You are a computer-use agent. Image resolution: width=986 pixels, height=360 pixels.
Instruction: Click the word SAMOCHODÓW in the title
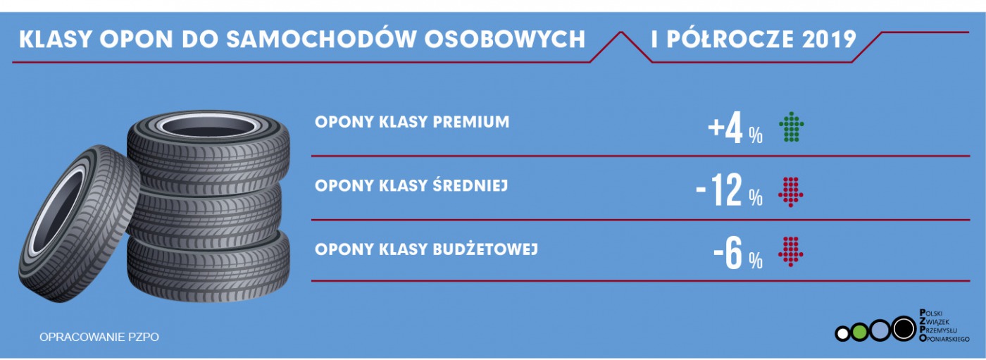(321, 39)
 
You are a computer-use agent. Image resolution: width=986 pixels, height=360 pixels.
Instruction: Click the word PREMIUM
(471, 122)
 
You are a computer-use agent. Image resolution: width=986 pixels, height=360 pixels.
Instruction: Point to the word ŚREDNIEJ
(470, 185)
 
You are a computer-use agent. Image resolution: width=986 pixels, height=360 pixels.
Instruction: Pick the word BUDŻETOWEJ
(485, 249)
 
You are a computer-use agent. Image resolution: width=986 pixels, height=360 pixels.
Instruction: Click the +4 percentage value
(735, 128)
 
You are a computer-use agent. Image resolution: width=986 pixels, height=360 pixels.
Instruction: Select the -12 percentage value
(730, 190)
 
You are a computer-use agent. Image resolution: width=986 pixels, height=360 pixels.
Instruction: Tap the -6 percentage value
(738, 253)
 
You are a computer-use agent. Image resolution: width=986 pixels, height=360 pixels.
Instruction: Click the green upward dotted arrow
(792, 128)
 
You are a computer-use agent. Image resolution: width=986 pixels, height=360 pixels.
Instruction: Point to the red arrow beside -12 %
(791, 192)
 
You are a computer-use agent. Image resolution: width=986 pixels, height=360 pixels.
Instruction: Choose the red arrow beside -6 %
(791, 252)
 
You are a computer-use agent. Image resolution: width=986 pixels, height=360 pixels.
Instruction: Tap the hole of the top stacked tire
(208, 127)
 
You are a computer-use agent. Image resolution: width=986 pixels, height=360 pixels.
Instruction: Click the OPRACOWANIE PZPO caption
(99, 337)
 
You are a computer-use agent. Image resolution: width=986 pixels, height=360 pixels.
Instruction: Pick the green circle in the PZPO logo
(859, 333)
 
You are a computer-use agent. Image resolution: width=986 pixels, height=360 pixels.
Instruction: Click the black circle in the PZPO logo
(904, 328)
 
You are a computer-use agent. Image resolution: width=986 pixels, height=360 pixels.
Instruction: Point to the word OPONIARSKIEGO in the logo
(944, 338)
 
